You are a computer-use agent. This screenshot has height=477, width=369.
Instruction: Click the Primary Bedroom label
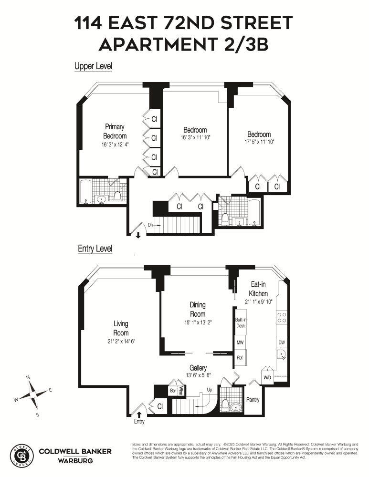pyautogui.click(x=115, y=131)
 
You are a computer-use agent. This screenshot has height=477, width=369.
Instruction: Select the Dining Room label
pyautogui.click(x=198, y=310)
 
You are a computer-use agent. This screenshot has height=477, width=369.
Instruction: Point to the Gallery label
pyautogui.click(x=198, y=368)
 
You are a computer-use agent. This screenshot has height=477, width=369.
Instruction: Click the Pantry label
pyautogui.click(x=253, y=399)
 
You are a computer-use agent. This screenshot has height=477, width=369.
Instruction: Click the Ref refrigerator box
pyautogui.click(x=240, y=357)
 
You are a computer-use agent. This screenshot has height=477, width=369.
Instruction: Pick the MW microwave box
pyautogui.click(x=240, y=342)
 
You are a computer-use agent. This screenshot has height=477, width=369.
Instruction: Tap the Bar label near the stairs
pyautogui.click(x=173, y=390)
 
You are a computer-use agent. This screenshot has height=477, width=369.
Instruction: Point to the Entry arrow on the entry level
pyautogui.click(x=139, y=414)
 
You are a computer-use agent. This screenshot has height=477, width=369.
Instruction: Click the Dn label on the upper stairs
pyautogui.click(x=150, y=224)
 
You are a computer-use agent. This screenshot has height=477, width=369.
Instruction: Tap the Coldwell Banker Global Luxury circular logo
pyautogui.click(x=22, y=454)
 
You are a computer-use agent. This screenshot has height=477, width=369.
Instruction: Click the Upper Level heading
pyautogui.click(x=93, y=67)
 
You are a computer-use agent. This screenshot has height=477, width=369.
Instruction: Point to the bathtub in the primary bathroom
pyautogui.click(x=86, y=192)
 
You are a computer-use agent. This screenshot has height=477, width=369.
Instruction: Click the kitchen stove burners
pyautogui.click(x=282, y=318)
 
